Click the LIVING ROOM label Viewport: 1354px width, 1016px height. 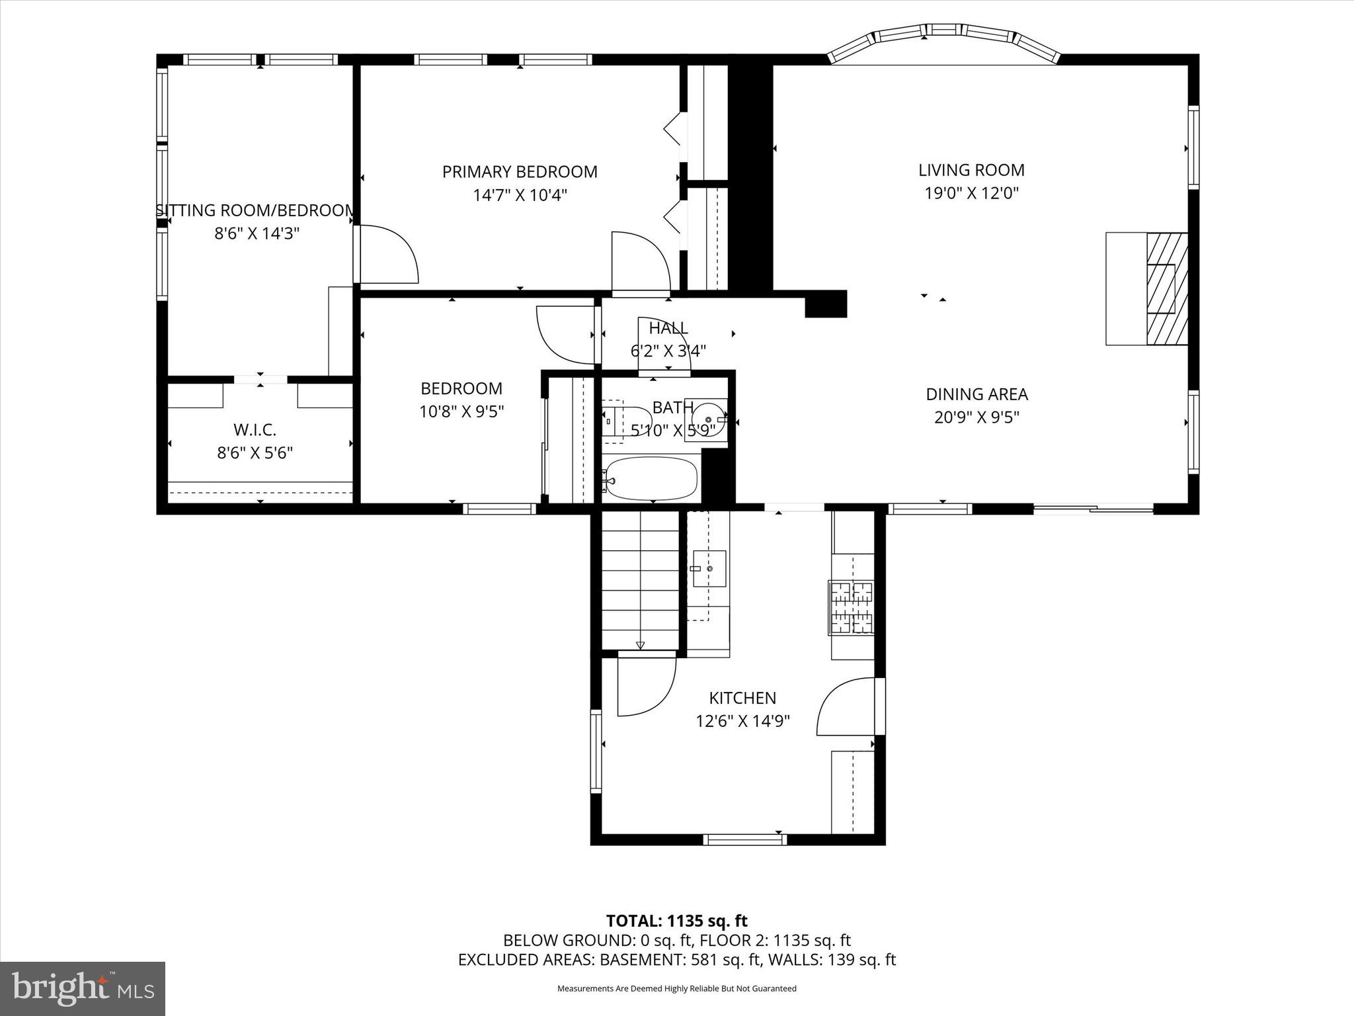point(971,170)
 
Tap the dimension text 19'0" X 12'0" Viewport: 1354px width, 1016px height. point(971,193)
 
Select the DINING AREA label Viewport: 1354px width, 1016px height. point(976,394)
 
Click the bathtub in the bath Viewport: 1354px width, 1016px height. point(651,478)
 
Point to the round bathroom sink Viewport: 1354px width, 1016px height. point(707,419)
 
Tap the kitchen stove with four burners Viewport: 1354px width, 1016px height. point(852,607)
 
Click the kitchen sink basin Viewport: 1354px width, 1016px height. point(709,568)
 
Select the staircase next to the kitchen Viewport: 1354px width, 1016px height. point(640,580)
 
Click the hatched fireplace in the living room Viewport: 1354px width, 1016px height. point(1166,288)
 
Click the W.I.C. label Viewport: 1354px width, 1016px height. point(255,430)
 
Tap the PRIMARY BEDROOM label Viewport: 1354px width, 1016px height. point(520,172)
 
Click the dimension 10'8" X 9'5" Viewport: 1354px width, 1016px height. point(461,411)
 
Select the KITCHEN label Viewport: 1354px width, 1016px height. point(742,698)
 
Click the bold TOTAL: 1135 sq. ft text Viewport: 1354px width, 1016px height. point(676,921)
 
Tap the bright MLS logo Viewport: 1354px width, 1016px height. point(83,988)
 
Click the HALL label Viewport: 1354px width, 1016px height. point(668,328)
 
